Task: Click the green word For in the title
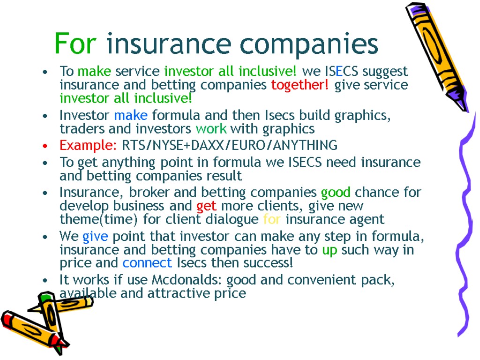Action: click(x=75, y=44)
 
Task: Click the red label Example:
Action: click(x=88, y=146)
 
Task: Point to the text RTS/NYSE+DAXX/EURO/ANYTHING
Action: click(x=229, y=146)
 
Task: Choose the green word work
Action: click(x=211, y=129)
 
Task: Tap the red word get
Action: click(x=206, y=206)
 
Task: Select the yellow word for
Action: click(x=272, y=219)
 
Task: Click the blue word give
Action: click(x=95, y=237)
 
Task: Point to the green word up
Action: click(x=330, y=250)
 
